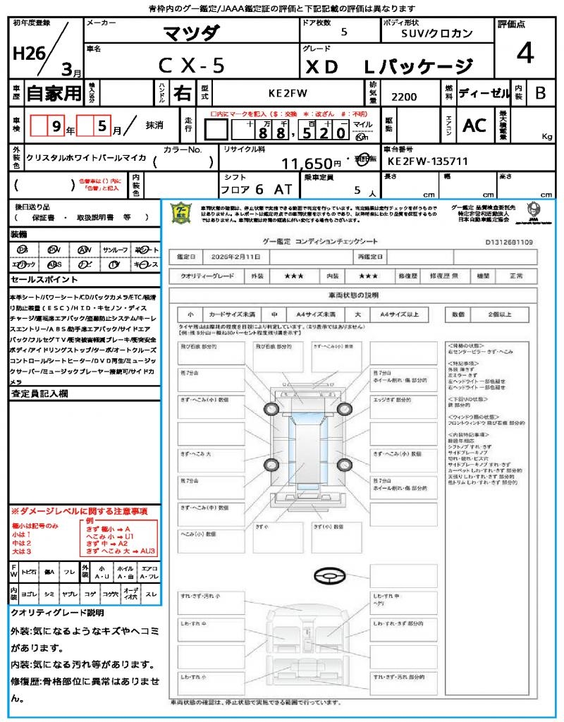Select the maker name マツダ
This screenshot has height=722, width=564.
(x=191, y=32)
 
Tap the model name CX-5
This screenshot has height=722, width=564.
(x=191, y=66)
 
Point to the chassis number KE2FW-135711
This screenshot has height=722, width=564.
(x=428, y=161)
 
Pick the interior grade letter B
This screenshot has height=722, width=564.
(x=540, y=93)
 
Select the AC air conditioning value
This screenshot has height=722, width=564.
(x=474, y=126)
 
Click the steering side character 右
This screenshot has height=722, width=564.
(x=182, y=93)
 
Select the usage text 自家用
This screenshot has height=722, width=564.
(x=54, y=93)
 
